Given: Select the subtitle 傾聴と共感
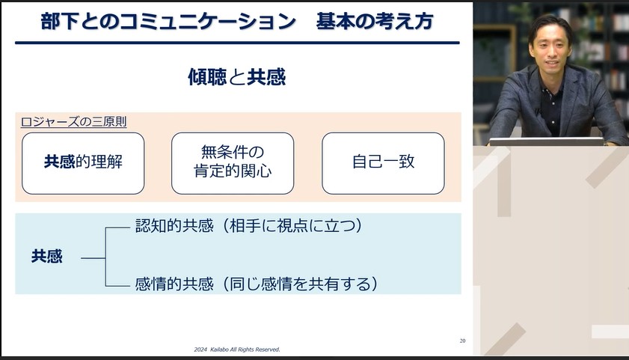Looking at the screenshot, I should point(236,77).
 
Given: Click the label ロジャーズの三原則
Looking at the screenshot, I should point(73,121).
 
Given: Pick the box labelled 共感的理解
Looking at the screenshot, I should point(83,162).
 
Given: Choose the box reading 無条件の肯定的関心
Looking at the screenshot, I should point(233,162).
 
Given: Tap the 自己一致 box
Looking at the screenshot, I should point(383,162).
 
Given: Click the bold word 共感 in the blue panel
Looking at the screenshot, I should point(47,257).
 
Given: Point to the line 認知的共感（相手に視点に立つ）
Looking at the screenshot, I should point(249,226).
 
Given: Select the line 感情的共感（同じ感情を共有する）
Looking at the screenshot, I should point(256,284).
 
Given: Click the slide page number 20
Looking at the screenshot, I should point(462,341).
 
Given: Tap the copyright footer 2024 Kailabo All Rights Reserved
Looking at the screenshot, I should point(236,349).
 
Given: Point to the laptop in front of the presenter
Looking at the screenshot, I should point(547,141).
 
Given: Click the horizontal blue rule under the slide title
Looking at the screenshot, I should point(236,43).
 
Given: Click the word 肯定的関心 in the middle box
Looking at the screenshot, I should point(233,171).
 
